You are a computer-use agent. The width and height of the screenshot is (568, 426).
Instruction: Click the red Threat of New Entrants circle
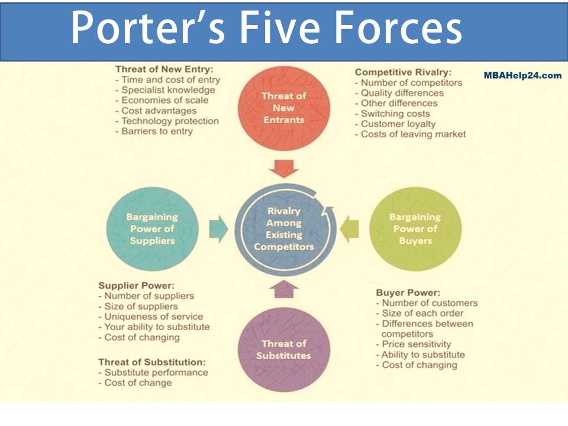pos(283,107)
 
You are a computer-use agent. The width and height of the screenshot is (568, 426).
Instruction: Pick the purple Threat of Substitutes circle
pos(283,350)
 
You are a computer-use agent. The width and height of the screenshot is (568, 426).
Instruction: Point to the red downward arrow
pos(284,169)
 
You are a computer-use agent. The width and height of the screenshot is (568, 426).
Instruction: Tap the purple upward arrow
pos(284,289)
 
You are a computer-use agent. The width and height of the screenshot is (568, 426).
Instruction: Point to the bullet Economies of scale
pos(164,100)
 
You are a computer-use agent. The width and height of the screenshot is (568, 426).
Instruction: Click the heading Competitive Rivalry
pos(403,72)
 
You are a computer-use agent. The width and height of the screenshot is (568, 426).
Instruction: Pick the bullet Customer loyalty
pos(398,124)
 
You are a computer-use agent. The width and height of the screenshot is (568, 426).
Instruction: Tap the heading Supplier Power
pos(136,285)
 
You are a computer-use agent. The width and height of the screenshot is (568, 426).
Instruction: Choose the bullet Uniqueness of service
pos(153,317)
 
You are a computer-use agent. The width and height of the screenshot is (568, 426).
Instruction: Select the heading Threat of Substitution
pos(151,362)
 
